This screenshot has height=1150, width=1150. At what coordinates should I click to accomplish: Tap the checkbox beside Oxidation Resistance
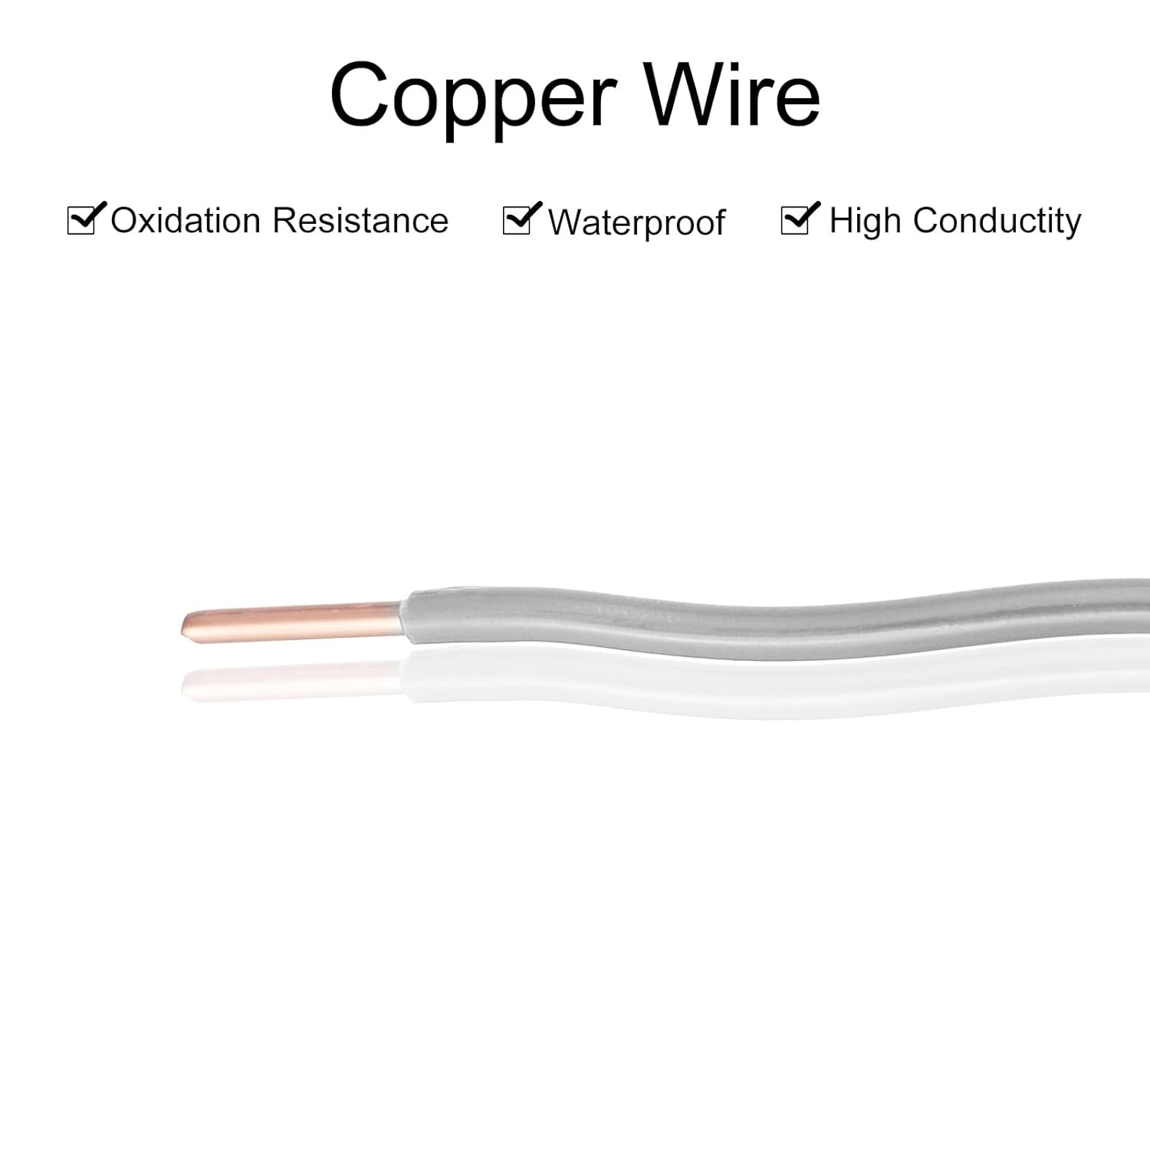tap(81, 220)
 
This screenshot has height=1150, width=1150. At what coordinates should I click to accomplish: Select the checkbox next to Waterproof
tap(517, 220)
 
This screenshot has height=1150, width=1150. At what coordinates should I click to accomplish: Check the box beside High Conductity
tap(795, 220)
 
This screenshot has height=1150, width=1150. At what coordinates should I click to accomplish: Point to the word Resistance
tap(360, 221)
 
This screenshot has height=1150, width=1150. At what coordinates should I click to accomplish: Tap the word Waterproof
tap(636, 223)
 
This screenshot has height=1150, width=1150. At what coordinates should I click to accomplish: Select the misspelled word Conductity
tap(997, 221)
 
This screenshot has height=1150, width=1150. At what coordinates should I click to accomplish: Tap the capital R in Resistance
tap(284, 221)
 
